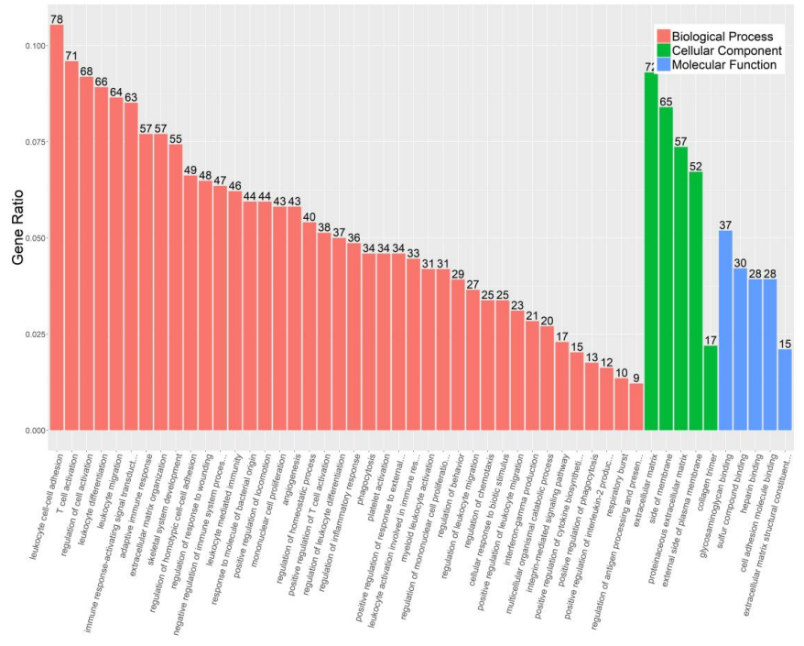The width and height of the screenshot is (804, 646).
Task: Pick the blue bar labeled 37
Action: point(725,330)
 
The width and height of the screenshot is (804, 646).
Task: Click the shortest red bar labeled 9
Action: point(636,407)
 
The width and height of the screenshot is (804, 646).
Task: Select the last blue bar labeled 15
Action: point(785,389)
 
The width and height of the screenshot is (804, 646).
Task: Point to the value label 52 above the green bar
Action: point(696,166)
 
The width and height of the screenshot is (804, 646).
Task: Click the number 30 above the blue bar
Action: point(740,263)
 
